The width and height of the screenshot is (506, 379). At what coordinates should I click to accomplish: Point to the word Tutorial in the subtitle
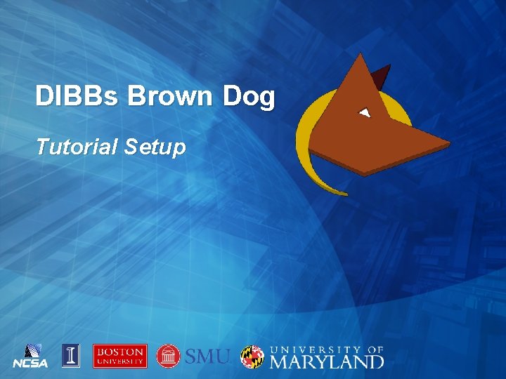click(77, 147)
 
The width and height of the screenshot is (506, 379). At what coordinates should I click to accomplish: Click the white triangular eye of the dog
click(364, 112)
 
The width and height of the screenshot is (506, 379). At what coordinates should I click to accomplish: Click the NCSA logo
click(30, 356)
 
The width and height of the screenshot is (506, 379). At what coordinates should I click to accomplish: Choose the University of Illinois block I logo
click(70, 356)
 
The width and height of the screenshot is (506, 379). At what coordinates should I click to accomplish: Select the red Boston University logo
click(120, 356)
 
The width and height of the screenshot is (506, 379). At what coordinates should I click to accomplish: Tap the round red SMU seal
click(169, 356)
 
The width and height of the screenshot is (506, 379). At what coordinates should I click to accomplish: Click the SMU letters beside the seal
click(207, 357)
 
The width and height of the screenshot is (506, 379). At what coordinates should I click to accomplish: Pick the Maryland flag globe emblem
click(252, 357)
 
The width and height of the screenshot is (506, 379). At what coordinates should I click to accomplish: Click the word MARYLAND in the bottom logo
click(327, 361)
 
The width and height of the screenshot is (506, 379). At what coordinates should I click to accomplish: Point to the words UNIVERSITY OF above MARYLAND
click(327, 349)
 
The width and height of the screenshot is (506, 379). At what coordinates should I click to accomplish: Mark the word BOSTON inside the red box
click(120, 352)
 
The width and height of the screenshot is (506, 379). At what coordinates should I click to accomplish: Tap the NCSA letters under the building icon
click(30, 364)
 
